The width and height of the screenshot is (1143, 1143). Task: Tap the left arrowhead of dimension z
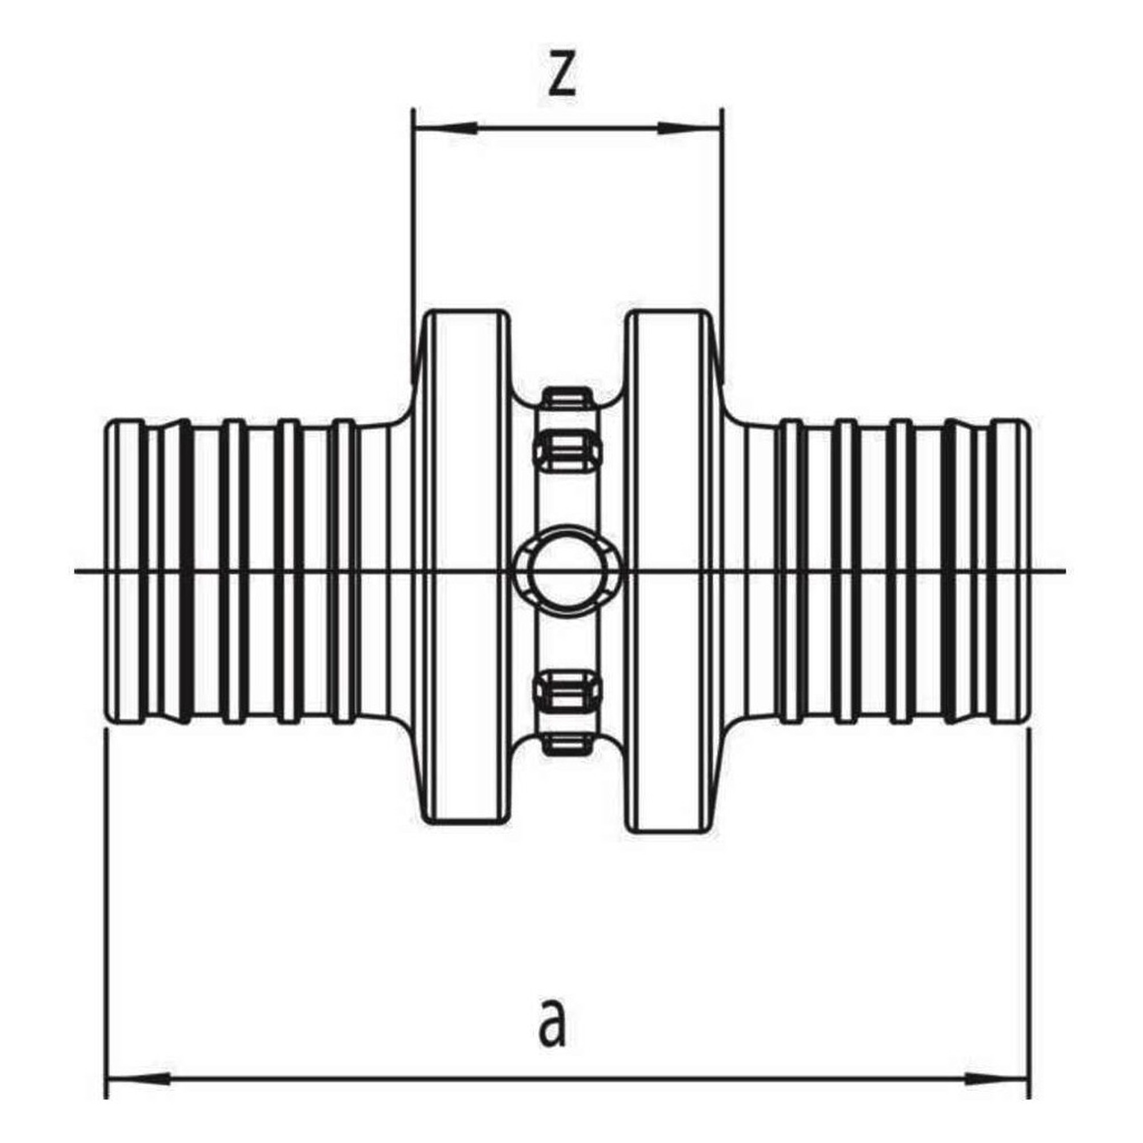[x=445, y=129]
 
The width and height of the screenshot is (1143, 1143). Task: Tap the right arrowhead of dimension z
[x=690, y=129]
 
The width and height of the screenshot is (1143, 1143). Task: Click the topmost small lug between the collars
[x=568, y=398]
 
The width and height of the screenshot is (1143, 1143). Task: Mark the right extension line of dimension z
[x=723, y=246]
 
